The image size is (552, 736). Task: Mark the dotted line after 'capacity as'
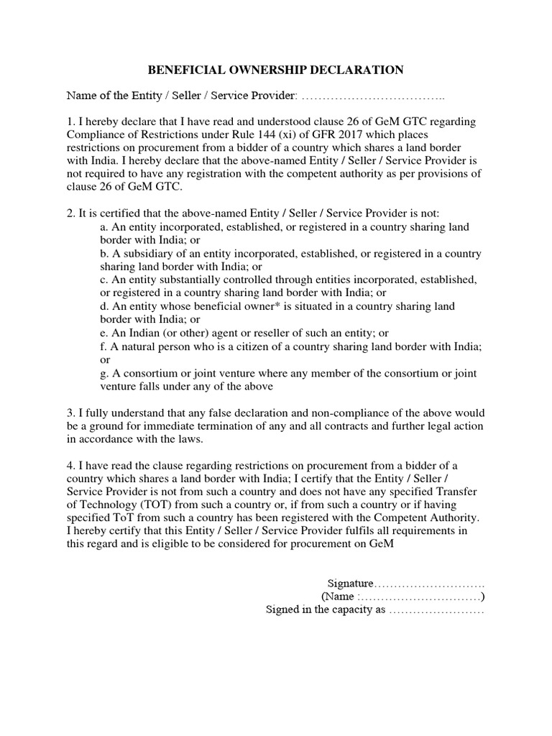[436, 611]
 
